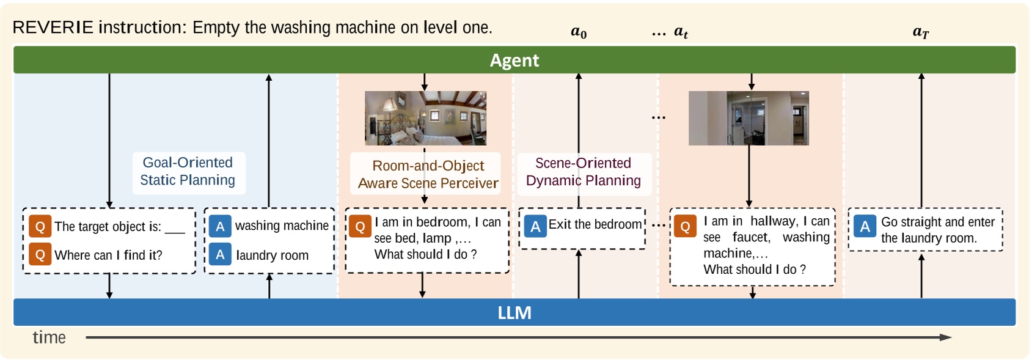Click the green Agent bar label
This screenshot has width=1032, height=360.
(514, 60)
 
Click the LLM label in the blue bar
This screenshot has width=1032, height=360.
(514, 312)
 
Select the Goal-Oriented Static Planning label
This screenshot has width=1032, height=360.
(188, 171)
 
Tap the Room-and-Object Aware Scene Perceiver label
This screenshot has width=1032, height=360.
(428, 174)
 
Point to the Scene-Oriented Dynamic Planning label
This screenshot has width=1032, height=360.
(584, 172)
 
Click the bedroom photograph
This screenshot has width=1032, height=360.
(425, 118)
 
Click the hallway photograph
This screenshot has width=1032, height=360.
(748, 118)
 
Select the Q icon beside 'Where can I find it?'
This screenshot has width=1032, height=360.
(40, 254)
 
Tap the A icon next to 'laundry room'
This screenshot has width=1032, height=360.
(220, 254)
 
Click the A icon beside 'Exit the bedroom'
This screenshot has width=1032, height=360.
(535, 226)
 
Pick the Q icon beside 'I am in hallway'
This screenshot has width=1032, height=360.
(685, 226)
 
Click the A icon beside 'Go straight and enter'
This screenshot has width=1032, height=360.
(865, 226)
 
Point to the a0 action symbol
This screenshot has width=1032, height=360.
(579, 32)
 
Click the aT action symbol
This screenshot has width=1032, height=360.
(921, 32)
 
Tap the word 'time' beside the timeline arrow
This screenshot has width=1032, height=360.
(49, 337)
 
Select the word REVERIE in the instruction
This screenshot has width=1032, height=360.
(53, 28)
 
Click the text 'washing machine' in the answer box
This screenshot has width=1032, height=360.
(282, 226)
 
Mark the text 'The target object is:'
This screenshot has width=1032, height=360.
(108, 226)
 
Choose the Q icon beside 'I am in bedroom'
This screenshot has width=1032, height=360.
(360, 226)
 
